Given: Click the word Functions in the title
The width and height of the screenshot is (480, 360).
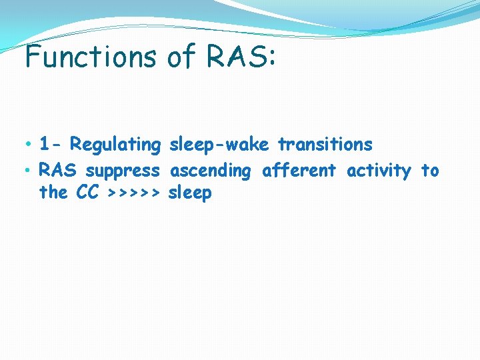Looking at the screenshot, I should pos(91,57).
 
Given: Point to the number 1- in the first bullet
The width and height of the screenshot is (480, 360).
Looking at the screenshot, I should pos(50,144).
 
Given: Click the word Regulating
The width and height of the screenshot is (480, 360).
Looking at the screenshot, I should pos(115,145).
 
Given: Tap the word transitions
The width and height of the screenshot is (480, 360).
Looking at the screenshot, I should pos(325,144).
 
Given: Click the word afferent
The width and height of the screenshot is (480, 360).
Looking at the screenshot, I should pos(299,171).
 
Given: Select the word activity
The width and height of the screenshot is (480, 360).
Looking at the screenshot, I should pos(379,171).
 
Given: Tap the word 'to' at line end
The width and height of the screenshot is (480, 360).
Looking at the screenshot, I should pos(430,171).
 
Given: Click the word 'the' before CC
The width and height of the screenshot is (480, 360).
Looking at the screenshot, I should pos(53,193).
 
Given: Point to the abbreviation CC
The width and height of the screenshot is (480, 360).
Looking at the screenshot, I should pos(87,193).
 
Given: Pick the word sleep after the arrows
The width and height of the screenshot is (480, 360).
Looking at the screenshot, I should pos(190,194).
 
